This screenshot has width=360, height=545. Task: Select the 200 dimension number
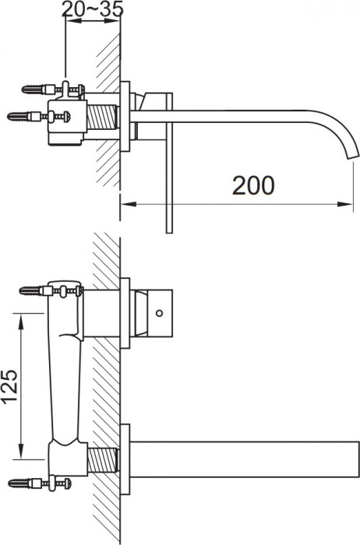click(x=252, y=185)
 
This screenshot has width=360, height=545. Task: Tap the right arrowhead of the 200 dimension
click(x=344, y=206)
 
